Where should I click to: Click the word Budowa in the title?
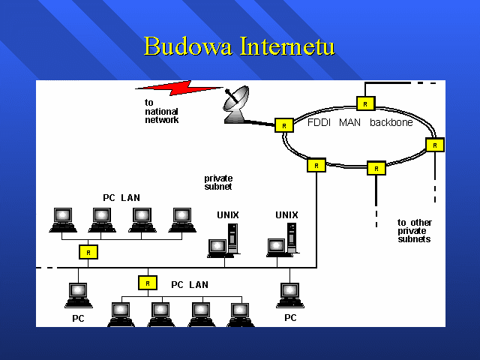point(188,46)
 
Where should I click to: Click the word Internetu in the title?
point(287,46)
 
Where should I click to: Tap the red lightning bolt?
point(179,88)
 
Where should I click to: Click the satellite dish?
point(235,105)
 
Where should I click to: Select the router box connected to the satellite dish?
point(284,125)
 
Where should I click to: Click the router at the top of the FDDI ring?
point(365,103)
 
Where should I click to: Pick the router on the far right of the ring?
point(435,145)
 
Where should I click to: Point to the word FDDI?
point(319,122)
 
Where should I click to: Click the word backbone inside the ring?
point(391,122)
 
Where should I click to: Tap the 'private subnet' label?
point(218,182)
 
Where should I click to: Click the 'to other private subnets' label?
point(415,231)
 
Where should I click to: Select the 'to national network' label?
point(162,112)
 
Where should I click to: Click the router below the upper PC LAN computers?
point(88,252)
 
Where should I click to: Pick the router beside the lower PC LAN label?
point(148,283)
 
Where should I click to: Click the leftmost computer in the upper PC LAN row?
point(63,220)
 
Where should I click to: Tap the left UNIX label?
point(228,215)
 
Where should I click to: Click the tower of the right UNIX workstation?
point(292,238)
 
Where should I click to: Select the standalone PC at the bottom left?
point(78,295)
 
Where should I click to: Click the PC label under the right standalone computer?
point(290,318)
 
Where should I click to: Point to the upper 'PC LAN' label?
point(121,198)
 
